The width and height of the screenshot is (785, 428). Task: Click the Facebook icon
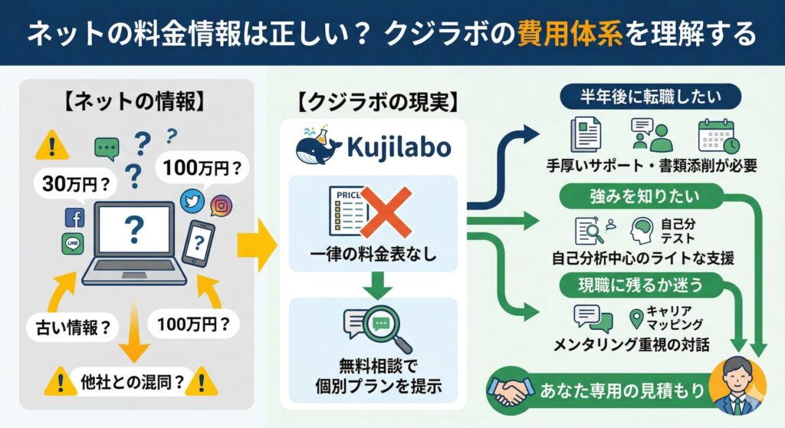tap(74, 218)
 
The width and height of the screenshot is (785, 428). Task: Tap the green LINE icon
tap(72, 244)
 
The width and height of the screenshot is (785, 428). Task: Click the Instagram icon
tap(221, 205)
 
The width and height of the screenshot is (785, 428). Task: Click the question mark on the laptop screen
tap(135, 227)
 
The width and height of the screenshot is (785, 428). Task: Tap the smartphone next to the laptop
tap(199, 243)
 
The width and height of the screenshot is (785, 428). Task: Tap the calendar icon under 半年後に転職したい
tap(718, 137)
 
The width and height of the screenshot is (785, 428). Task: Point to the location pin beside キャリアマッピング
tap(636, 318)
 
